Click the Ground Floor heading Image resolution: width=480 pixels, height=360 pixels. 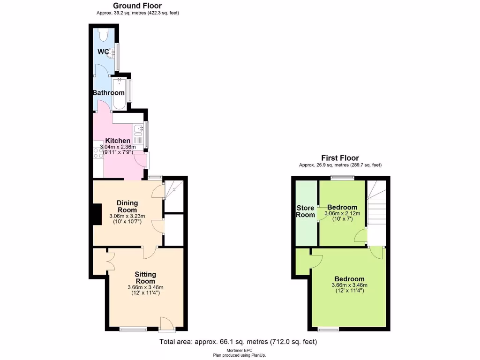tap(137, 6)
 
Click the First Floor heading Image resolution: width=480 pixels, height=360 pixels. tap(340, 158)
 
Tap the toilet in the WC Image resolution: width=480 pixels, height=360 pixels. tap(105, 34)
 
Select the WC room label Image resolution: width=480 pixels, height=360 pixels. tap(104, 51)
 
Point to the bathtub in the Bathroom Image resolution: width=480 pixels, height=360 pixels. tap(120, 93)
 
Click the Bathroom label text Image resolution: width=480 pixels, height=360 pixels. tap(108, 93)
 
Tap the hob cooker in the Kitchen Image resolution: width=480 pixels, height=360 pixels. tap(98, 153)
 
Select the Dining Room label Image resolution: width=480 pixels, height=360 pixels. tap(127, 206)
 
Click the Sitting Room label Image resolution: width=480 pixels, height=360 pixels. tap(145, 277)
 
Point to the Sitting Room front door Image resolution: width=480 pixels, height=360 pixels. tap(166, 323)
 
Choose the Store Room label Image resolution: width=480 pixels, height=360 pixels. tap(305, 211)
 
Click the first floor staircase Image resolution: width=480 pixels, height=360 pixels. tap(376, 206)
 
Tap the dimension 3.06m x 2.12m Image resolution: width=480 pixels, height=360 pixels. tap(342, 214)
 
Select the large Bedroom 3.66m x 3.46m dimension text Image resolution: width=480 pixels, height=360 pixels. tap(350, 285)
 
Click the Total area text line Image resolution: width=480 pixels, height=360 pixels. tap(238, 342)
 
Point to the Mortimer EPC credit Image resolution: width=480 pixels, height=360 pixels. tap(240, 351)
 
